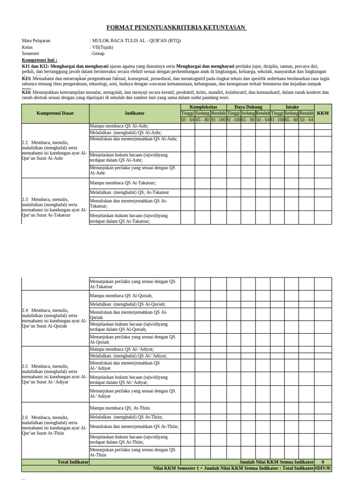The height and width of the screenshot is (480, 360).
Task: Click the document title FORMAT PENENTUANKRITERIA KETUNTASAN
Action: pos(177,28)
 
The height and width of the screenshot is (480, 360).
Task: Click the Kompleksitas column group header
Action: pos(203,107)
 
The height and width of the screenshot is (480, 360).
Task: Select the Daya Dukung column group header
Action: pos(248,107)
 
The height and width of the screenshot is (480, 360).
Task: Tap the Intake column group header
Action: pos(292,107)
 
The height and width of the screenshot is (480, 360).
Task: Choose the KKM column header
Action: pos(323,113)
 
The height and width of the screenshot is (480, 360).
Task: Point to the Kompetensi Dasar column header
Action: pos(55,113)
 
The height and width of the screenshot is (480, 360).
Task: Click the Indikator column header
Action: pos(135,113)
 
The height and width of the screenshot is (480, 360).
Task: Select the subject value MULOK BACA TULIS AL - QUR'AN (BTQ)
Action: pos(136,41)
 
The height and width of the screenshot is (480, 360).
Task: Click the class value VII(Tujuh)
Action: pos(102,47)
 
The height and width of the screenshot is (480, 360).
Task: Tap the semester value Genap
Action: pos(98,54)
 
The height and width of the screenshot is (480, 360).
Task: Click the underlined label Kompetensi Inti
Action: pos(39,60)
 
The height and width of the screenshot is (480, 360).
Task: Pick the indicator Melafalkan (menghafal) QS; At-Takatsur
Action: pos(130,193)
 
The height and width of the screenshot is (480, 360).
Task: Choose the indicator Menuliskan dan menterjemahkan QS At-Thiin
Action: pos(134,427)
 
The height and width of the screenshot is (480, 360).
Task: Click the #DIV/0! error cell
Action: pos(322,468)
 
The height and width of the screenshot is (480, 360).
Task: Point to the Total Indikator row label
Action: pos(73,462)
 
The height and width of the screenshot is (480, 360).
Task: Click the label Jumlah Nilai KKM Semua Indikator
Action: pos(277,462)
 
